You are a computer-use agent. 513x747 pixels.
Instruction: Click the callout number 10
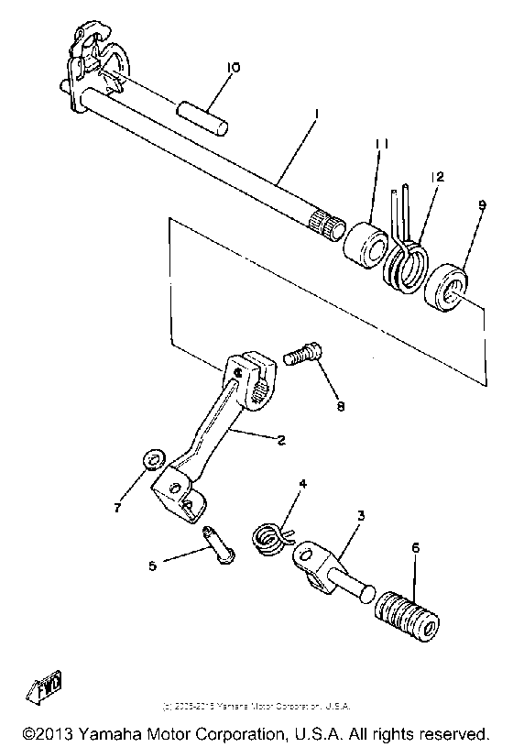point(233,68)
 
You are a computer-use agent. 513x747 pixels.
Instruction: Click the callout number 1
point(315,115)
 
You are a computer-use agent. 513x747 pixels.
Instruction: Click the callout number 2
point(280,441)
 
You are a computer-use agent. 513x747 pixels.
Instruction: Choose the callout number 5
point(152,566)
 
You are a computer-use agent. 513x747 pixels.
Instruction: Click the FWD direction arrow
point(49,687)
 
